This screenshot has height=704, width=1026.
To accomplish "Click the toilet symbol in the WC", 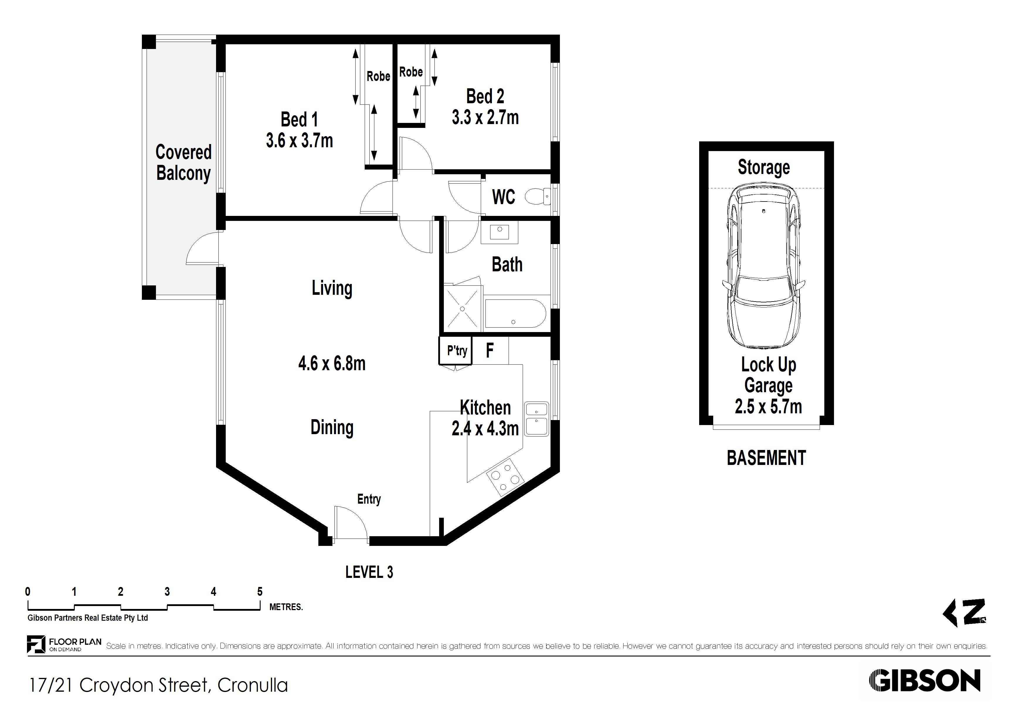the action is pos(538,197).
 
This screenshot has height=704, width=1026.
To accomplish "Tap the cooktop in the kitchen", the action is pos(505,478).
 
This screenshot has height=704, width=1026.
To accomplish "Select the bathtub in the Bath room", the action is pos(515,314).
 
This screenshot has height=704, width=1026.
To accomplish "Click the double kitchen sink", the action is pos(536,419).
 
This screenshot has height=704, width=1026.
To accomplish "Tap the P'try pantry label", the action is pos(457,351).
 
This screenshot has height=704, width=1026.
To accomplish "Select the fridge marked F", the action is pos(490,351).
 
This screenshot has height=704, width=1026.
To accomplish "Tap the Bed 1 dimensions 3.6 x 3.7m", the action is pos(299,141).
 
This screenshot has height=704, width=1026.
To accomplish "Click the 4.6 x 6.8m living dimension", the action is pos(332,363).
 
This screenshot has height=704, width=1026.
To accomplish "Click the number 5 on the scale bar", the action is pos(260,591).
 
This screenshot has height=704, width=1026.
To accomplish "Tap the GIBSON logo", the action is pos(925,681).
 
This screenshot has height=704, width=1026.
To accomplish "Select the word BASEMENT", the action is pos(766,458).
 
